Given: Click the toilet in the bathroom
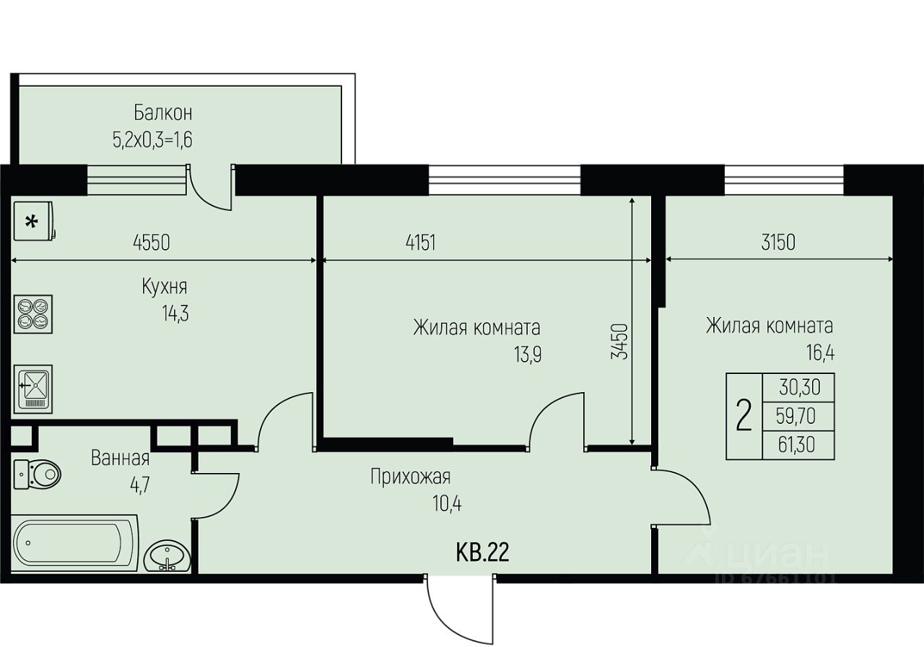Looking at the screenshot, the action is (x=37, y=474).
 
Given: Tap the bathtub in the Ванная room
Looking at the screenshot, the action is (x=75, y=542).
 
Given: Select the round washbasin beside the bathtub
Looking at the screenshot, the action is (x=167, y=555).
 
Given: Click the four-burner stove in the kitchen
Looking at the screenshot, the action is (x=33, y=314).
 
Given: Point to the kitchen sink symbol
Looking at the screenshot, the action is (x=33, y=388).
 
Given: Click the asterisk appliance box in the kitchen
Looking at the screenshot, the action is (x=34, y=221).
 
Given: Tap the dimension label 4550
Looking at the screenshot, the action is (x=152, y=243).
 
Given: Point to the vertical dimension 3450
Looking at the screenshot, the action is (x=620, y=342).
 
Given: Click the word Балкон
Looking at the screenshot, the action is (x=163, y=113).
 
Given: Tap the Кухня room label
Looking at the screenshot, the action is (x=165, y=287).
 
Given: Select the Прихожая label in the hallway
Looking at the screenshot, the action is (x=411, y=477).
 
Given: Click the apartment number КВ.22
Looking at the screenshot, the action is (x=482, y=552).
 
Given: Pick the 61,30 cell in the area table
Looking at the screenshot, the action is (x=796, y=445).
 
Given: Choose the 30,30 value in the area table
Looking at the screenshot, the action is (x=799, y=387).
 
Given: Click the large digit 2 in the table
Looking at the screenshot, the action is (x=744, y=417).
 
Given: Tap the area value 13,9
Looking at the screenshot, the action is (x=528, y=354).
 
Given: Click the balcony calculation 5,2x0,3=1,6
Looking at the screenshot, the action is (x=152, y=140).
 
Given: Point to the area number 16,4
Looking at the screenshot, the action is (x=821, y=353).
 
